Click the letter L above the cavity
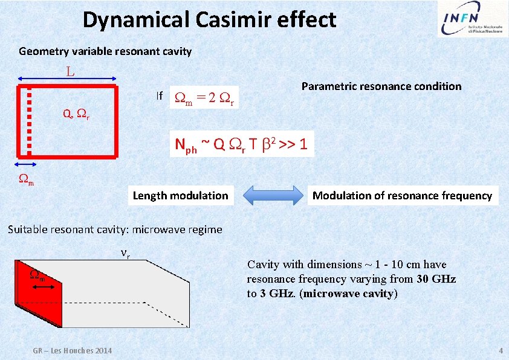[71, 72]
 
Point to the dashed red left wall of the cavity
[29, 121]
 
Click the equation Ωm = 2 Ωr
[206, 97]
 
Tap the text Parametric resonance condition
[381, 86]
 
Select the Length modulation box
[180, 196]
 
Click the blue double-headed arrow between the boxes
[273, 196]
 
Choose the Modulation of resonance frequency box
[402, 196]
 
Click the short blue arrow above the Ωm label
[27, 164]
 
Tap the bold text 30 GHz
[436, 279]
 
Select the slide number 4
[501, 351]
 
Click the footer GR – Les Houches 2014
[73, 351]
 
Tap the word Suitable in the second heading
[27, 230]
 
